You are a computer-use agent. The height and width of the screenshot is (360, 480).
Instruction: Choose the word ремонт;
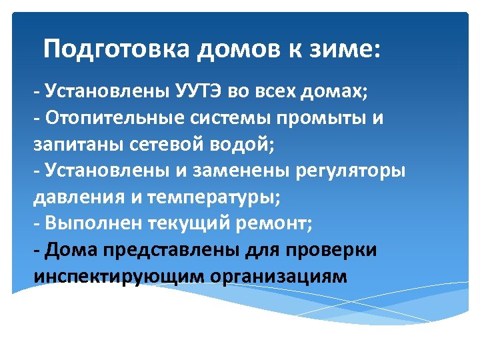273,223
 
